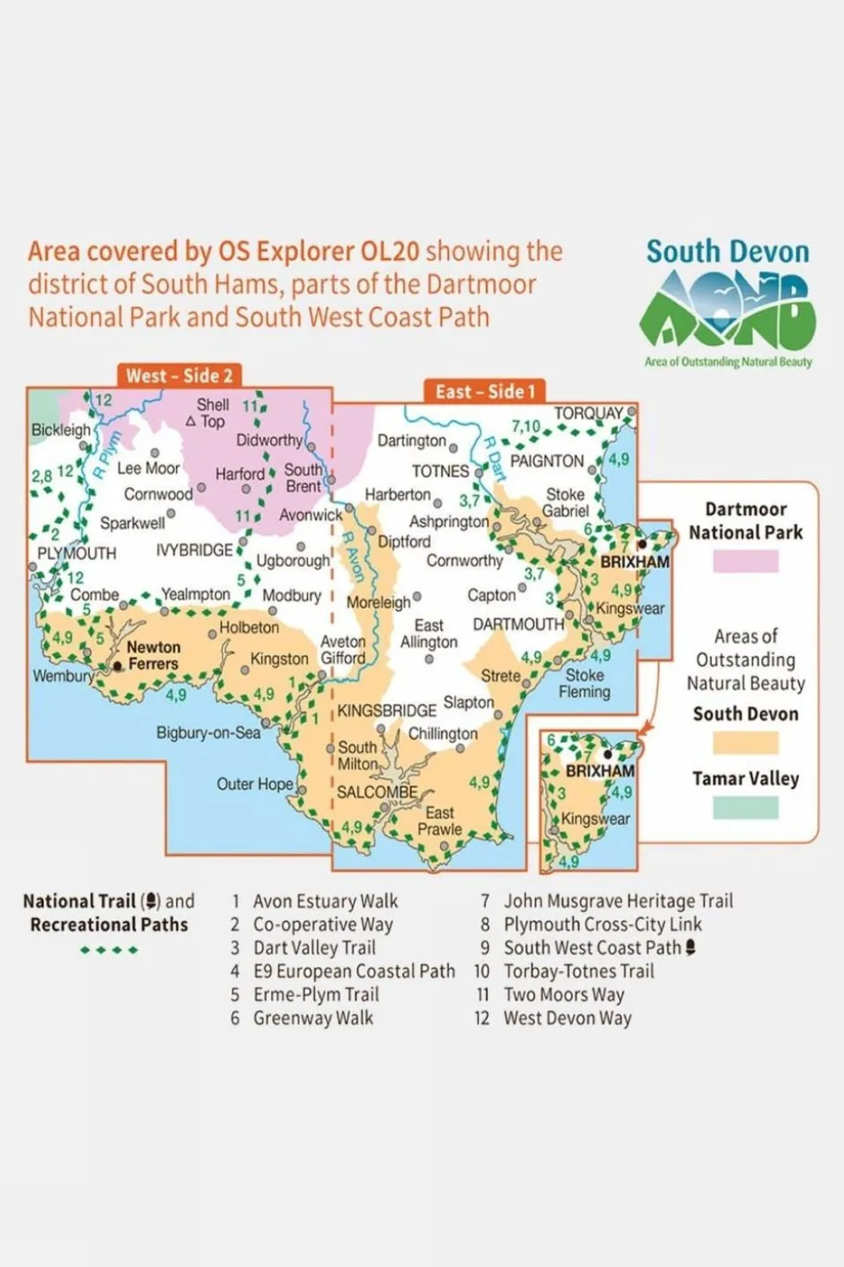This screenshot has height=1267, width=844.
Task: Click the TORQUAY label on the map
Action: click(588, 413)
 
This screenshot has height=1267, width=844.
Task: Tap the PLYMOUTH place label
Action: click(77, 553)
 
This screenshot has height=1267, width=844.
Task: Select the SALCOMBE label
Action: click(377, 792)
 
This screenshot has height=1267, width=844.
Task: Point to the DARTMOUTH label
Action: click(518, 624)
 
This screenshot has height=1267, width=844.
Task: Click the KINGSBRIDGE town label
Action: click(386, 710)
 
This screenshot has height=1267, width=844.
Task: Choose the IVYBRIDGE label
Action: click(194, 549)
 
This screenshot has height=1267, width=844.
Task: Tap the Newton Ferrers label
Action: click(153, 655)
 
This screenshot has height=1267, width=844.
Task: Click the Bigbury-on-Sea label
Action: click(209, 733)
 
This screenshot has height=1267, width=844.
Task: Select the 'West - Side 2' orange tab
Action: click(179, 376)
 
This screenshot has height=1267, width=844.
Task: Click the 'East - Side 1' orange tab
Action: click(485, 392)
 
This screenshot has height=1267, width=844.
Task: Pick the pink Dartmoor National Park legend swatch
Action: click(745, 561)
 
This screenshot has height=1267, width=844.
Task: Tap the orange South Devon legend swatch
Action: click(745, 743)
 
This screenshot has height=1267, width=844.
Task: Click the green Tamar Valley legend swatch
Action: click(745, 807)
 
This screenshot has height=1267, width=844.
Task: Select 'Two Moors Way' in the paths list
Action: click(563, 995)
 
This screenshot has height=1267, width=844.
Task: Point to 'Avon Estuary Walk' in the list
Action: click(325, 901)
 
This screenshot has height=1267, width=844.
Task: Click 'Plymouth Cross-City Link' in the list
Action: click(602, 924)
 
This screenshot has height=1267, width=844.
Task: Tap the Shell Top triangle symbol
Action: click(190, 422)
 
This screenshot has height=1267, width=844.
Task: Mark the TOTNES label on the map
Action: click(440, 471)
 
